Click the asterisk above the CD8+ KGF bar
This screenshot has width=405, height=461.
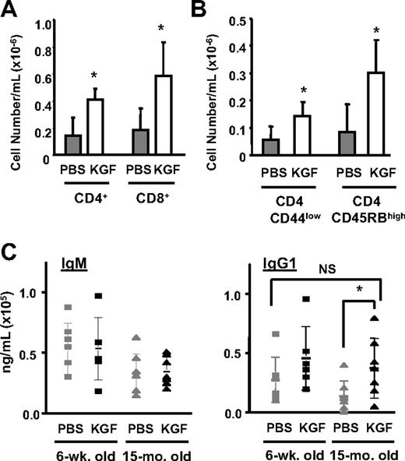pos(162,30)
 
